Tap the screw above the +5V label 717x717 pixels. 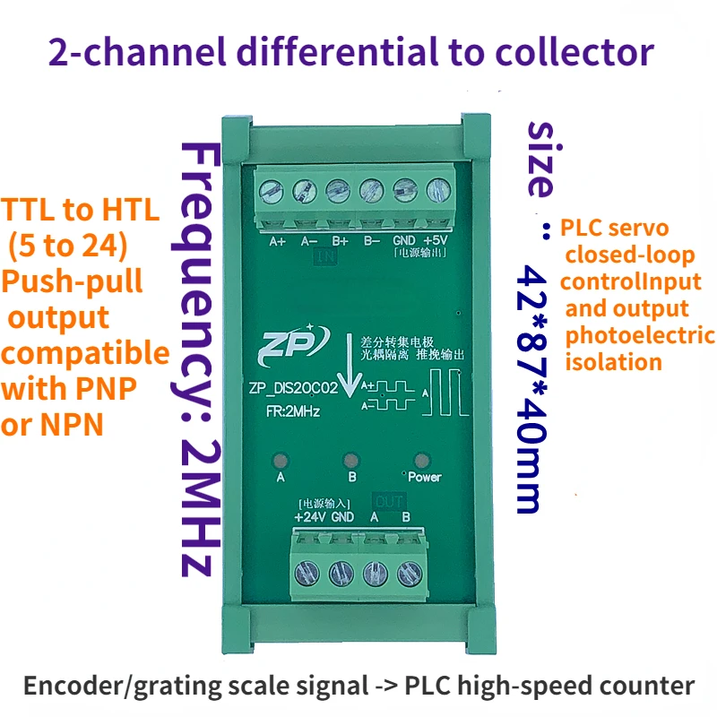[437, 190]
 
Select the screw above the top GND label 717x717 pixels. [404, 190]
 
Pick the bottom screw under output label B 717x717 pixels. [409, 571]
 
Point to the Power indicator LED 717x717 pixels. [419, 462]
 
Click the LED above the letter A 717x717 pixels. [281, 462]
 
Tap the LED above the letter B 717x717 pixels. [351, 462]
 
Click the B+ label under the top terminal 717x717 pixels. [340, 240]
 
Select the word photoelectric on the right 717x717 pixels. [639, 335]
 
